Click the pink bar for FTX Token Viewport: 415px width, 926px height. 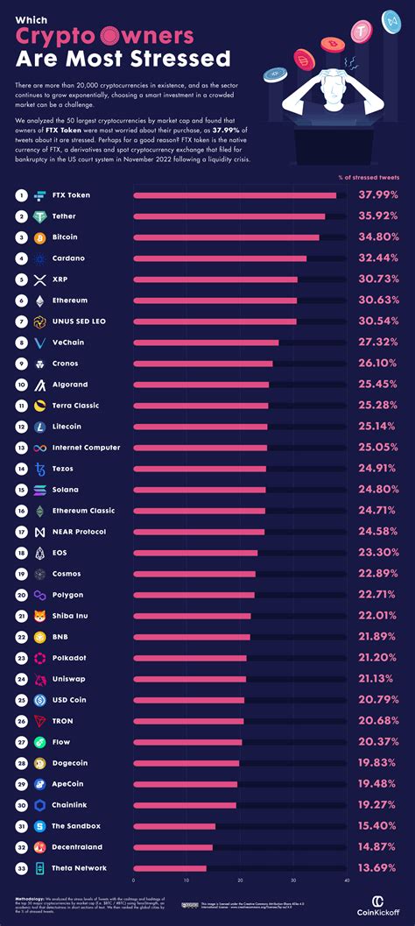[x=235, y=195]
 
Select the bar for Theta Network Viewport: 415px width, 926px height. [x=170, y=868]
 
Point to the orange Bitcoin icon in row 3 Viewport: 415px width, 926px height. [x=39, y=237]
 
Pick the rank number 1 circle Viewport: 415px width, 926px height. [x=20, y=195]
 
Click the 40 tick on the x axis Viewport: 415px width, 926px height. [x=347, y=880]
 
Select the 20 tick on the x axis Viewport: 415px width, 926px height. [x=240, y=880]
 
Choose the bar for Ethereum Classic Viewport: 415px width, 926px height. [x=199, y=511]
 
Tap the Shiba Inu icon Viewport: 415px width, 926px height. [x=39, y=616]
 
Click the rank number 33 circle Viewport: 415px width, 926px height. [x=20, y=868]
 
